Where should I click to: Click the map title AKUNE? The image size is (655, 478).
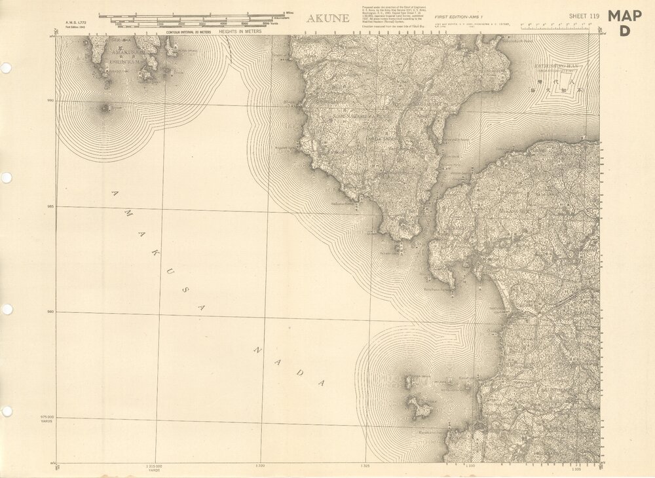[x=328, y=18]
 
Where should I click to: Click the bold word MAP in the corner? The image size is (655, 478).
[x=624, y=16]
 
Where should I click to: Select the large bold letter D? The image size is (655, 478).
[x=624, y=29]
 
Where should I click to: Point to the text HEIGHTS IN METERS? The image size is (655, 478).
[x=240, y=31]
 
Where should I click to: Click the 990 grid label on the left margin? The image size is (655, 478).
[x=49, y=100]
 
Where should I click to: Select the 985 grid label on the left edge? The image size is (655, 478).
[x=49, y=206]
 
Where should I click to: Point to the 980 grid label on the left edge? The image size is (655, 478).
[x=49, y=312]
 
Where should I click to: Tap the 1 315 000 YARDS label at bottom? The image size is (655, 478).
[x=155, y=467]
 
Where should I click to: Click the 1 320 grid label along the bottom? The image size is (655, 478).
[x=260, y=466]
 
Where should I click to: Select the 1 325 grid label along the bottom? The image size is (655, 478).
[x=365, y=466]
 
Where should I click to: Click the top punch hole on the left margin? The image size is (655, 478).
[x=6, y=67]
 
